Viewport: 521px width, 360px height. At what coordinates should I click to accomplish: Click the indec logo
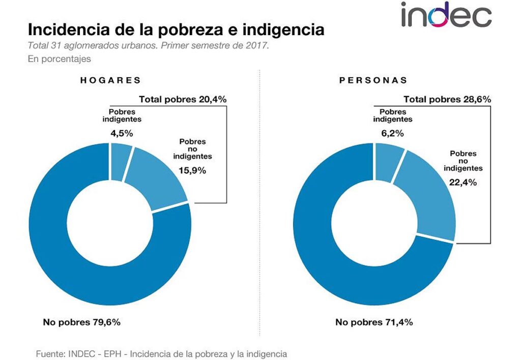coord(445,15)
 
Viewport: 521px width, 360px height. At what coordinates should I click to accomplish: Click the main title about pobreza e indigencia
coord(176,29)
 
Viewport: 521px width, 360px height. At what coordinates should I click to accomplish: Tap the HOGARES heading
coord(110,80)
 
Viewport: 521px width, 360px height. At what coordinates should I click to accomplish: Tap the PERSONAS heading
coord(373,80)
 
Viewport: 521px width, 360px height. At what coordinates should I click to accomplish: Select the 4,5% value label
coord(122,133)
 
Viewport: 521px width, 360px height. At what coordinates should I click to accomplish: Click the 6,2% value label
coord(392,133)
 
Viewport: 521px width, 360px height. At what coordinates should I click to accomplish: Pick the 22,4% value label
coord(463,182)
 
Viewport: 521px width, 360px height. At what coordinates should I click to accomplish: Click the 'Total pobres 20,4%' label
coord(183,99)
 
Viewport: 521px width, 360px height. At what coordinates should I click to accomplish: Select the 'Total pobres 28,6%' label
coord(447,99)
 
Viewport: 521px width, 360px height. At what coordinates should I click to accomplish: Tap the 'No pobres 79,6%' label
coord(81,321)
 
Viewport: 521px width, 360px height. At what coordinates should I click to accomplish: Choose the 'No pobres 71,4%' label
coord(374,321)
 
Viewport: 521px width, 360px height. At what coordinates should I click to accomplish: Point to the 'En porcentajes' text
coord(59,59)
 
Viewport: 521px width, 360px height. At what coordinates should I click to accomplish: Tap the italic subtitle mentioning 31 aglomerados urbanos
coord(148,45)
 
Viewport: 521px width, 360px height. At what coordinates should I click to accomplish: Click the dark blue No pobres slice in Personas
coord(326,254)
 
